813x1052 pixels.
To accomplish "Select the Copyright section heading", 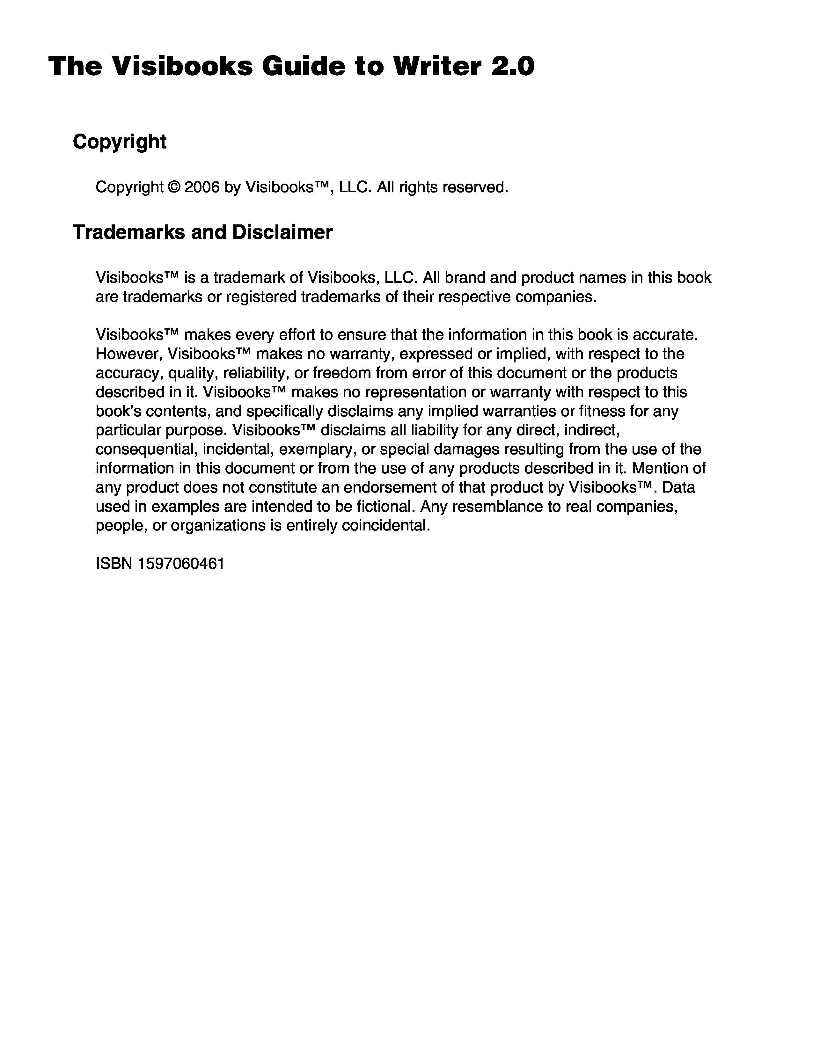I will (120, 142).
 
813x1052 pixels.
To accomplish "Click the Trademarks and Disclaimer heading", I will (202, 232).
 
